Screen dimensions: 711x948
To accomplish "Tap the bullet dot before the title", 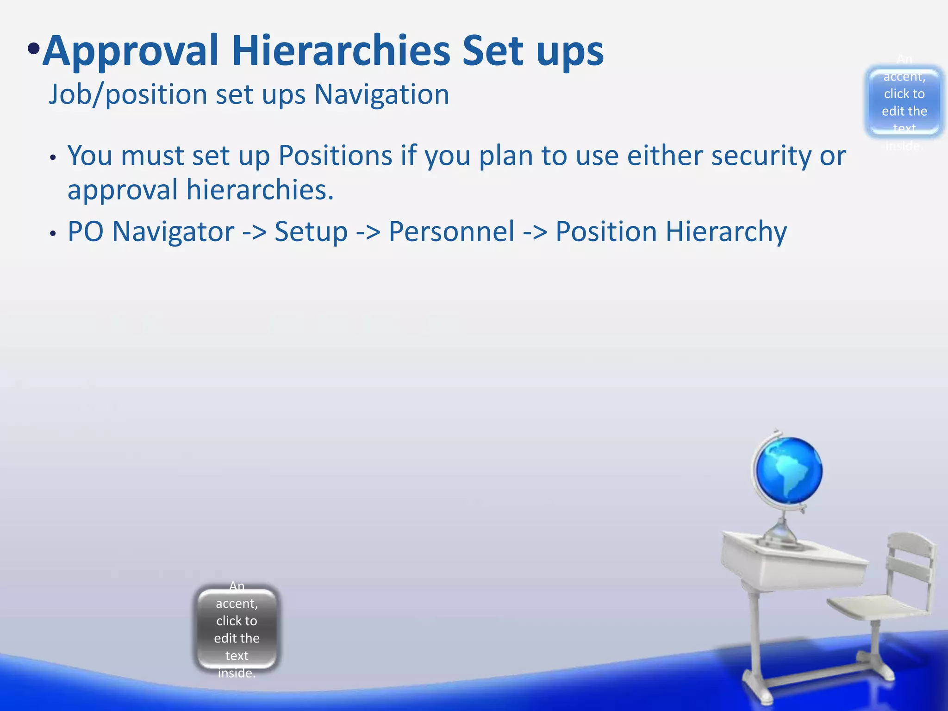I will click(33, 49).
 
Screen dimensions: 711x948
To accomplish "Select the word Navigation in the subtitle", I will click(381, 95).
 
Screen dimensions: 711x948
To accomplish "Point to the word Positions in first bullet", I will click(335, 156).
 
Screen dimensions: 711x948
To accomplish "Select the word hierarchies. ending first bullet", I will click(260, 190).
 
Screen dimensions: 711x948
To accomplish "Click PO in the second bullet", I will click(86, 231).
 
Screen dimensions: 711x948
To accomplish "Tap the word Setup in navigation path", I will click(311, 231).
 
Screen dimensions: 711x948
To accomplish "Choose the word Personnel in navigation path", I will click(451, 231).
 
